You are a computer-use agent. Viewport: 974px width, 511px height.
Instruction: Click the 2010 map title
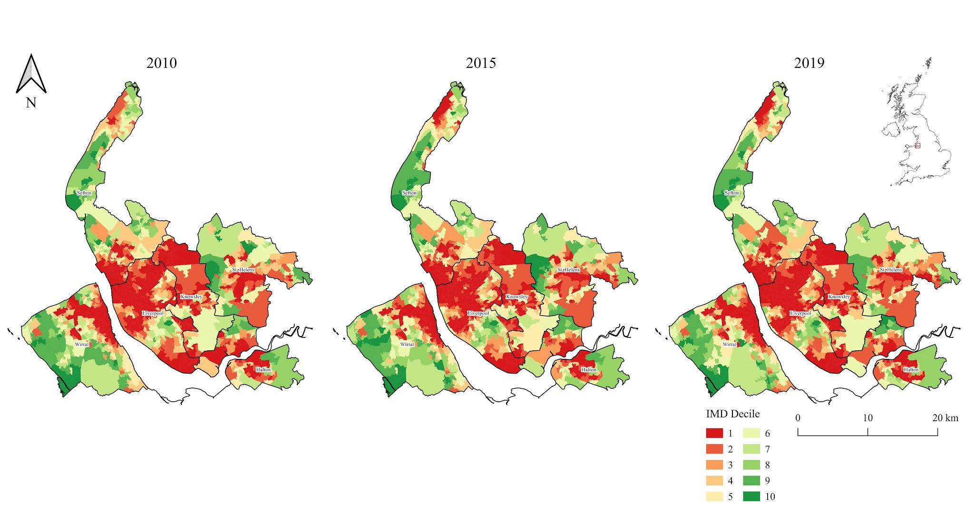(x=162, y=63)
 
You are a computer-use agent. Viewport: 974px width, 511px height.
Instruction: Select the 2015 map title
(x=481, y=63)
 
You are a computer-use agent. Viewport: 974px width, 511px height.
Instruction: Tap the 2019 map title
(x=809, y=63)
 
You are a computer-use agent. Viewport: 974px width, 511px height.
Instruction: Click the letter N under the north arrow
(x=31, y=103)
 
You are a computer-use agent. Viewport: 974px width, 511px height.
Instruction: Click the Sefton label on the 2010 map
(x=84, y=193)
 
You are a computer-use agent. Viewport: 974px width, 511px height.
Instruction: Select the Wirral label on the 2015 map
(x=407, y=344)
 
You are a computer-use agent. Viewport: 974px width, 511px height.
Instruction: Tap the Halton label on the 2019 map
(x=911, y=369)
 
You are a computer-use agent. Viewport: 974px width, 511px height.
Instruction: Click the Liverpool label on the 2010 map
(x=153, y=313)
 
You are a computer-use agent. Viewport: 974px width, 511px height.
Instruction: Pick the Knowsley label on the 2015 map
(x=517, y=297)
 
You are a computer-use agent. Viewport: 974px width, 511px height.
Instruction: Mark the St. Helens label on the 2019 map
(x=891, y=270)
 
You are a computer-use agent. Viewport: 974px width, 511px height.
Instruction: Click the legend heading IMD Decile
(x=732, y=414)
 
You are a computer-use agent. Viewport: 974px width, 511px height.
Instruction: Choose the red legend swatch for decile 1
(x=714, y=433)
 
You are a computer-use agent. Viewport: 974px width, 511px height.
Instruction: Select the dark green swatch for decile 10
(x=751, y=496)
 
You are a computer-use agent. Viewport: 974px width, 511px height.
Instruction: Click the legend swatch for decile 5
(x=714, y=496)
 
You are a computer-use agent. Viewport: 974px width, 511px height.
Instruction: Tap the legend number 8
(x=767, y=465)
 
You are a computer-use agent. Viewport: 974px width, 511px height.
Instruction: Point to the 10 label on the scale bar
(x=867, y=418)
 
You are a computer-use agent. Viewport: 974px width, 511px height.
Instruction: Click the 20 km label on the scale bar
(x=945, y=418)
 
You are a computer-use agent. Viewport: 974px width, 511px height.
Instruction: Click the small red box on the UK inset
(x=917, y=145)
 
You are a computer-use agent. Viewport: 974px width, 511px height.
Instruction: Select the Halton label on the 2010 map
(x=263, y=369)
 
